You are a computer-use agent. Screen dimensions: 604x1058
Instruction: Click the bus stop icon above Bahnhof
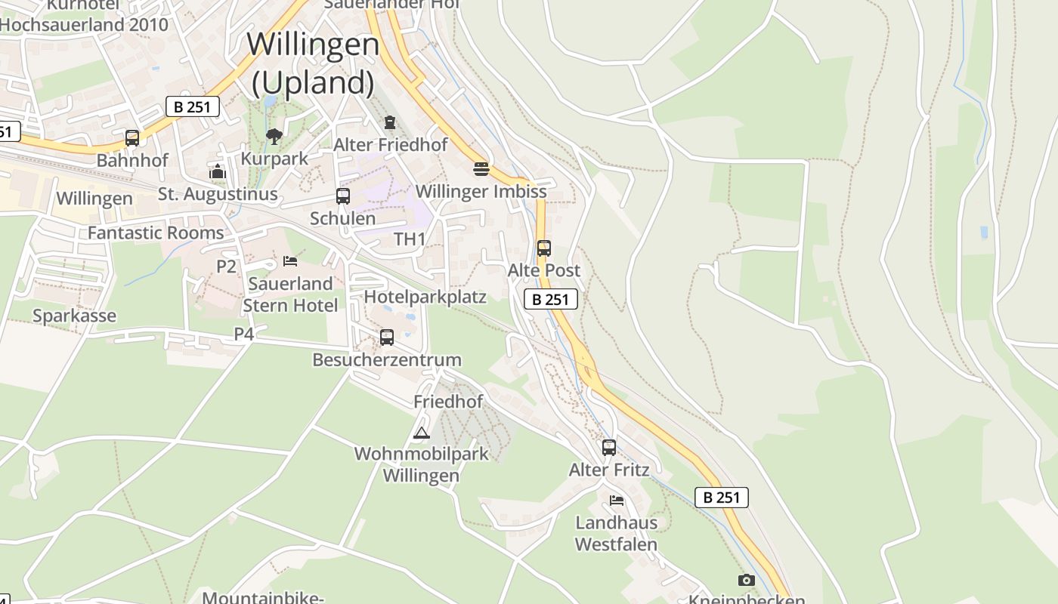(x=132, y=138)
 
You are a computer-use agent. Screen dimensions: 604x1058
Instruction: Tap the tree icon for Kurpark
(x=274, y=137)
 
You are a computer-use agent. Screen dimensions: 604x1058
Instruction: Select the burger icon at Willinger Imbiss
(x=481, y=168)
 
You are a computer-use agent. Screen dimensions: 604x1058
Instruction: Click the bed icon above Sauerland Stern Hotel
(x=290, y=261)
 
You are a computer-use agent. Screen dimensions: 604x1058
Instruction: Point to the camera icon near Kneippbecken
(x=747, y=580)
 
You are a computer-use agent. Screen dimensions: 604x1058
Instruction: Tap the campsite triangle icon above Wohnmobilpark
(x=422, y=433)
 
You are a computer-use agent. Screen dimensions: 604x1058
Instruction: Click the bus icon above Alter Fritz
(x=609, y=448)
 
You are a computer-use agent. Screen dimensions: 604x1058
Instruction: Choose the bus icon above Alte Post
(x=544, y=248)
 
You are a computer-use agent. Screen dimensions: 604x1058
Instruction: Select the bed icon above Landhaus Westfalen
(x=617, y=500)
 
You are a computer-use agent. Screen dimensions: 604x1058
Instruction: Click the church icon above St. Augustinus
(x=218, y=171)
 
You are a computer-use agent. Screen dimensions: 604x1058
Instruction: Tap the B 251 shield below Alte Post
(x=551, y=300)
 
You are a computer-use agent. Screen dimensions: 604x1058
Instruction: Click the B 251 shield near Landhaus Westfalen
(x=722, y=498)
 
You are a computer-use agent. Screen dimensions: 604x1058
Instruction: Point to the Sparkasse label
(x=74, y=316)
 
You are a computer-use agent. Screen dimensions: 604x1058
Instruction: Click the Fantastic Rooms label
(x=156, y=233)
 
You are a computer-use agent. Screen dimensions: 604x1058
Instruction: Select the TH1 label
(x=410, y=239)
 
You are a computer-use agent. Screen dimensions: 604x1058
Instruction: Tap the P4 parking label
(x=244, y=334)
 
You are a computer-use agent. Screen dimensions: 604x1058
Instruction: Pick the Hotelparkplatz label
(x=425, y=297)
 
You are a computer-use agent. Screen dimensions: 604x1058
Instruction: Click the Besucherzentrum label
(x=386, y=360)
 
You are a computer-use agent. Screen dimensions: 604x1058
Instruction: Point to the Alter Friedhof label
(x=391, y=144)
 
